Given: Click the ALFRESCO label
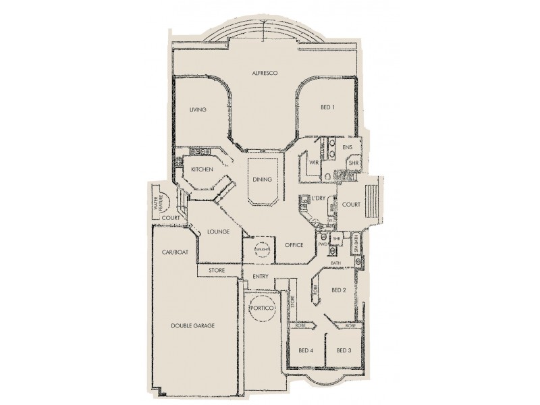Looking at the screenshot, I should coord(265,72).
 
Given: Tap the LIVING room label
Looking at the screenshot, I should coord(197,110).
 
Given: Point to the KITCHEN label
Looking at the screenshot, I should coord(202,169).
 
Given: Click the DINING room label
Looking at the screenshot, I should coord(262,180).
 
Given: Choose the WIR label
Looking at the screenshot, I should coord(313,163).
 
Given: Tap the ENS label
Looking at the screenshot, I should coord(348,147).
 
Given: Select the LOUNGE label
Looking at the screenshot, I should coord(219,232).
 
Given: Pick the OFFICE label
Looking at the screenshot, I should coord(293,244).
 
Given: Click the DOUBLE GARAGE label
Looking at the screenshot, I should coord(192,325).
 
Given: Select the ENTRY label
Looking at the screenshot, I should coord(261,277).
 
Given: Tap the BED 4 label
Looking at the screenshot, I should coord(305,350).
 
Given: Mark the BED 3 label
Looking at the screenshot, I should coord(344,350).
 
